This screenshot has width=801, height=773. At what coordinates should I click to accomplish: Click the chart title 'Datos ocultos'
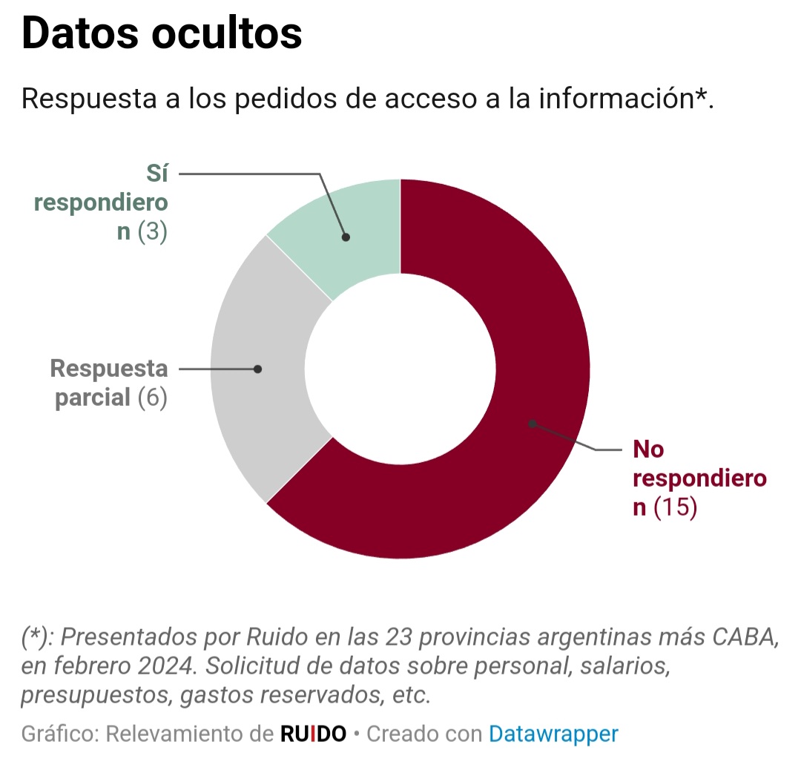[x=162, y=33]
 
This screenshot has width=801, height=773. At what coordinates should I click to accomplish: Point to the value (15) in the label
[x=675, y=509]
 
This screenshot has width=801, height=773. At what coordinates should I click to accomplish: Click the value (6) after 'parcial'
[x=153, y=398]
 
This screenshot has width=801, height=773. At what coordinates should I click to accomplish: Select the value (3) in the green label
[x=153, y=231]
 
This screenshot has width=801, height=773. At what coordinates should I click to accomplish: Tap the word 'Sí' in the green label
[x=156, y=174]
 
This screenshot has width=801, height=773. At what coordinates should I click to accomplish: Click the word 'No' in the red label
[x=648, y=450]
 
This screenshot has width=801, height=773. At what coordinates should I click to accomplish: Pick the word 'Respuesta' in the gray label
[x=109, y=369]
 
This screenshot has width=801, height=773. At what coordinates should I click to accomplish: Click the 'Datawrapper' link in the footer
[x=553, y=734]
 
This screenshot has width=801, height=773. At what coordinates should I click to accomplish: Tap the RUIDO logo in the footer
[x=313, y=734]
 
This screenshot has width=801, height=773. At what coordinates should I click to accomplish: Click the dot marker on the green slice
[x=346, y=237]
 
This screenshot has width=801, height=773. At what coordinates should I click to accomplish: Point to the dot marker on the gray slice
[x=257, y=369]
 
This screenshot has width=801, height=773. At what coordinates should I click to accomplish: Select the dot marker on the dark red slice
[x=532, y=424]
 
